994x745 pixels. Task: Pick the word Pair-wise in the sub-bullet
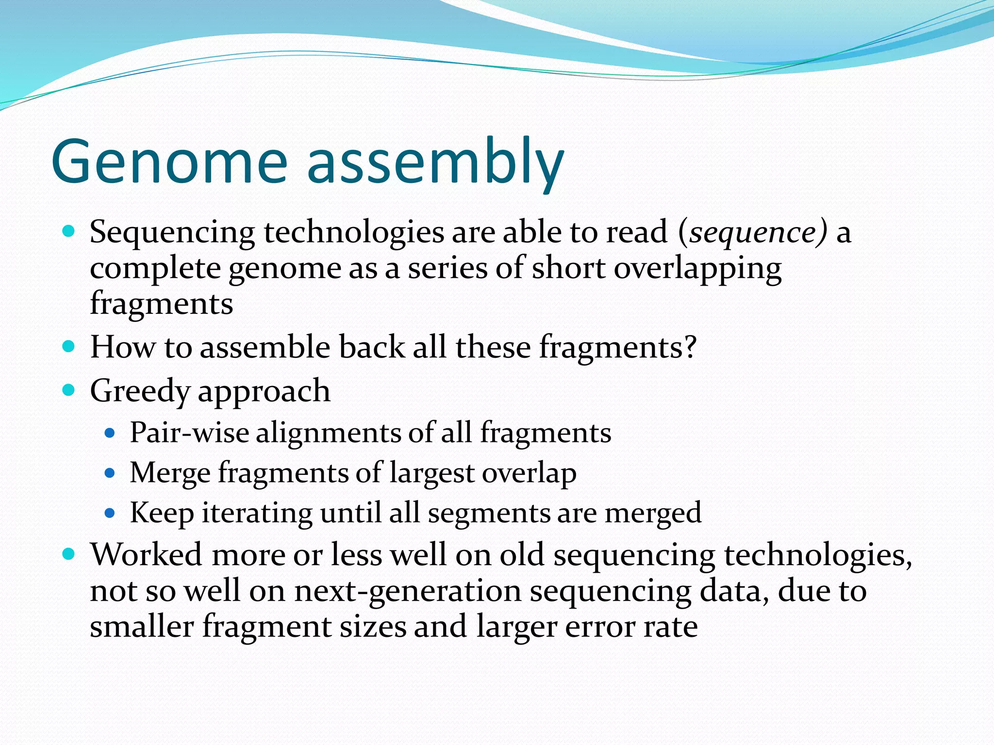tap(189, 432)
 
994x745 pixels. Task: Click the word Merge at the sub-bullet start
tap(170, 473)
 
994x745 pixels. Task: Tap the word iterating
tap(257, 513)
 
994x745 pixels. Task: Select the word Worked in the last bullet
tap(146, 554)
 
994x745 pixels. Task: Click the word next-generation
tap(407, 591)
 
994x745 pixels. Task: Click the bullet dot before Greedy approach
tap(69, 389)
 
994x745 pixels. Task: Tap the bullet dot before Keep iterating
tap(110, 512)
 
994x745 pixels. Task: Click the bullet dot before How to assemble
tap(69, 346)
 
